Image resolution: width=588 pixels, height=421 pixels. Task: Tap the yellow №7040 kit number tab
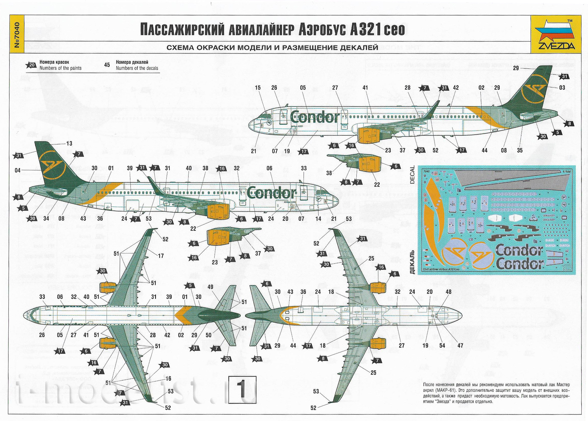pos(17,36)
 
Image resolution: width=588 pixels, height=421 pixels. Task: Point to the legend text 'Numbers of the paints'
pos(60,68)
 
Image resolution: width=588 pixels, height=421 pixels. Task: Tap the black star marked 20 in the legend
pos(31,65)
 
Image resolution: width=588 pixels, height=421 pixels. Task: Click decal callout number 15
pos(258,88)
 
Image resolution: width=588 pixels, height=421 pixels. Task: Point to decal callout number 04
pos(18,170)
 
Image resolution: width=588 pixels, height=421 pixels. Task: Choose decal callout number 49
pos(210,287)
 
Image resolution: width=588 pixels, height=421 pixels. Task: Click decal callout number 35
pos(520,150)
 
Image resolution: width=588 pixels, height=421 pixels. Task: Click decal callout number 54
pos(442,345)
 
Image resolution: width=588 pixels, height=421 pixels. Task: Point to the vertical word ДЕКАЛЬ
pos(412,262)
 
